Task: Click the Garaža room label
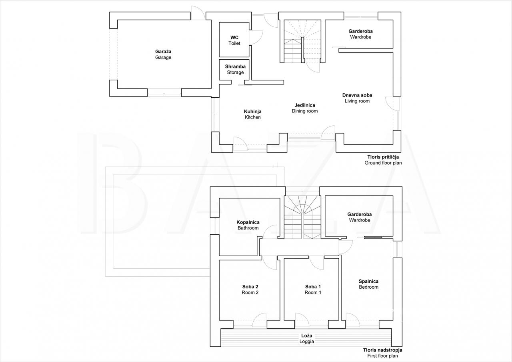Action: click(163, 54)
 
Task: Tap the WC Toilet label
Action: click(234, 40)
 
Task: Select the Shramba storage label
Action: click(235, 69)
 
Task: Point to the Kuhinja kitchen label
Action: click(252, 114)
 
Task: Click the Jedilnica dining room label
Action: click(305, 108)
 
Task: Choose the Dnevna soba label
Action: click(357, 98)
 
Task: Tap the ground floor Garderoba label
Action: click(360, 34)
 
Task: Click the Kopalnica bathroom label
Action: click(248, 225)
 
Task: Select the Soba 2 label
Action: click(250, 290)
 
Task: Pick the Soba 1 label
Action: click(313, 290)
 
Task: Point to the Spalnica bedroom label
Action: click(368, 284)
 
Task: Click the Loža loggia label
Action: click(307, 338)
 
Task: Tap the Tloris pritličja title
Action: click(383, 160)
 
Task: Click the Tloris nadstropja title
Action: click(383, 353)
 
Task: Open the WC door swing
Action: click(256, 37)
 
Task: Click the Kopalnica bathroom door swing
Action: click(270, 232)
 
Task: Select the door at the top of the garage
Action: click(198, 13)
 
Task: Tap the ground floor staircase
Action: click(302, 41)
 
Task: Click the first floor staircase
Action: click(302, 217)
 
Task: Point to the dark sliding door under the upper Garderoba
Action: click(373, 237)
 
